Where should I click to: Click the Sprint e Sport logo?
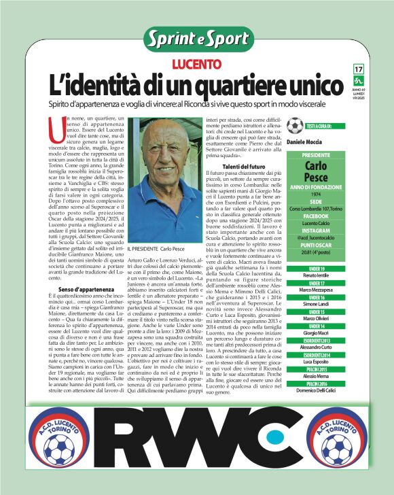click(197, 39)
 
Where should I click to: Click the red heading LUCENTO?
click(196, 65)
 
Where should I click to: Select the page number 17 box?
click(358, 69)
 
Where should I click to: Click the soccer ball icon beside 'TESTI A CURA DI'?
click(313, 126)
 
